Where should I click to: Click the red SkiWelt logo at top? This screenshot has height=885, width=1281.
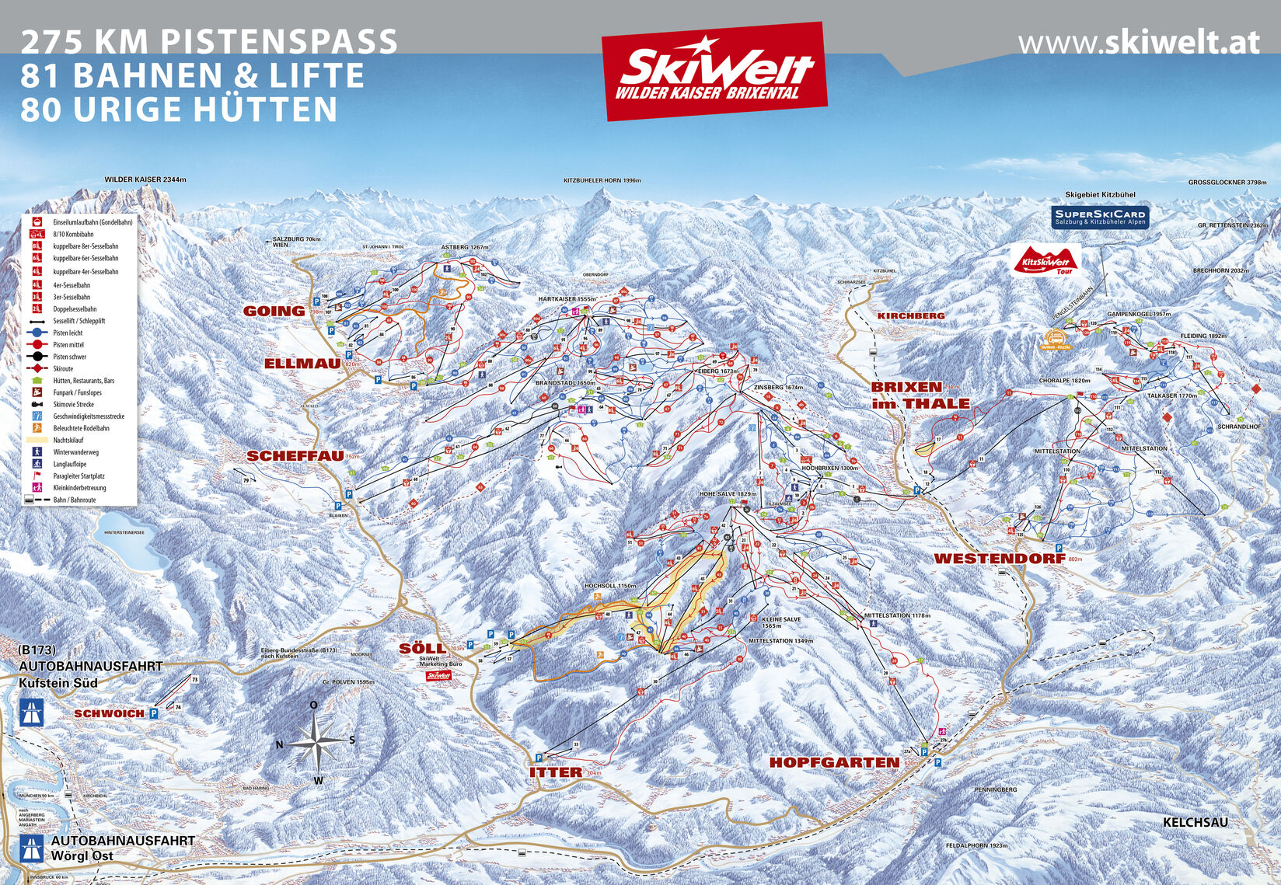(x=714, y=71)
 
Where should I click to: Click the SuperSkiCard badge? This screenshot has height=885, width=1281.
(x=1099, y=217)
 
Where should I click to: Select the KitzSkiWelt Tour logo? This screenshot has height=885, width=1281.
(x=1045, y=260)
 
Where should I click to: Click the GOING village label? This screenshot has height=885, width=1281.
(x=274, y=311)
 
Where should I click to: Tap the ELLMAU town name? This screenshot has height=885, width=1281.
(x=302, y=364)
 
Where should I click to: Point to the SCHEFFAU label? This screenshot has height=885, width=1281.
(x=295, y=456)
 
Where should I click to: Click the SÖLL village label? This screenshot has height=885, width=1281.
(x=421, y=647)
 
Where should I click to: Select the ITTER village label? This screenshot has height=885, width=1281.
(x=555, y=772)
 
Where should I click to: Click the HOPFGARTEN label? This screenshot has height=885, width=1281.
(x=834, y=762)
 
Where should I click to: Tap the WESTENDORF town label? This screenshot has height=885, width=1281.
(x=998, y=558)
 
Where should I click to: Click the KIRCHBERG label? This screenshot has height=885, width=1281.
(x=910, y=315)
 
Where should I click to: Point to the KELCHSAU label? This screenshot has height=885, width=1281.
(x=1195, y=822)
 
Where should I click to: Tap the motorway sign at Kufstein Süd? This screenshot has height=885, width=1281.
(x=32, y=712)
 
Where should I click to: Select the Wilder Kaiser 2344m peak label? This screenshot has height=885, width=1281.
(x=145, y=179)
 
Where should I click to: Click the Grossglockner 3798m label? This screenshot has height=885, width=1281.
(x=1232, y=183)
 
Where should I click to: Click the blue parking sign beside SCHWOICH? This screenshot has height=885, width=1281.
(x=153, y=713)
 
